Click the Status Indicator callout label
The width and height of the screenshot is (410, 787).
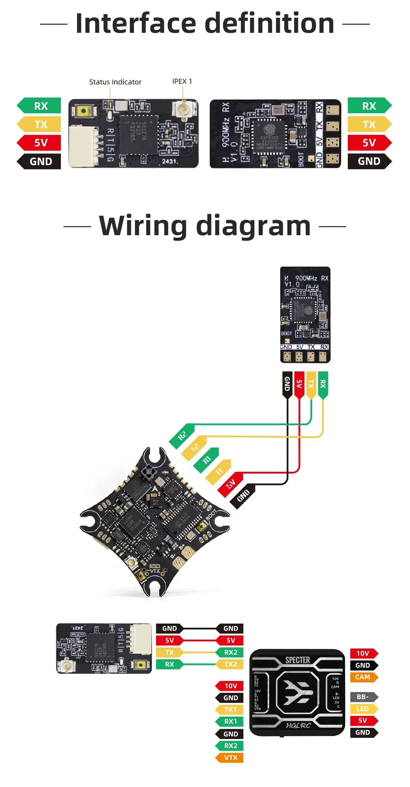[115, 82]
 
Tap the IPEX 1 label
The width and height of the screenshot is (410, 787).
[182, 81]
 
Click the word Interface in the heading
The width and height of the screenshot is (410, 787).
[136, 23]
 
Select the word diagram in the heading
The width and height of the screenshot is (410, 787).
[253, 226]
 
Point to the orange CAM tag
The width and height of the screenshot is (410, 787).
[363, 677]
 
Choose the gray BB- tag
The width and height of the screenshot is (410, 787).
[363, 697]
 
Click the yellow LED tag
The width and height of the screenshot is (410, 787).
[363, 709]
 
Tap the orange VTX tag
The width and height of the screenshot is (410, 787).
[230, 758]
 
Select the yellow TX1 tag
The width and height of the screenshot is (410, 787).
[230, 709]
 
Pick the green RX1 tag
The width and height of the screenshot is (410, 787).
[230, 721]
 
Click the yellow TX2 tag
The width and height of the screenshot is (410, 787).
[230, 664]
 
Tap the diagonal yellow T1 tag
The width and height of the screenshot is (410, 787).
[219, 472]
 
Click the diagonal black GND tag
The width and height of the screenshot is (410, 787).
[243, 496]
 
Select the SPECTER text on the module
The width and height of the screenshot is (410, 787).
[298, 660]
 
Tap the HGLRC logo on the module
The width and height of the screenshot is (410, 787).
[298, 725]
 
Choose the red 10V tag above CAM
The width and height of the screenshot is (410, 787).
[363, 653]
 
